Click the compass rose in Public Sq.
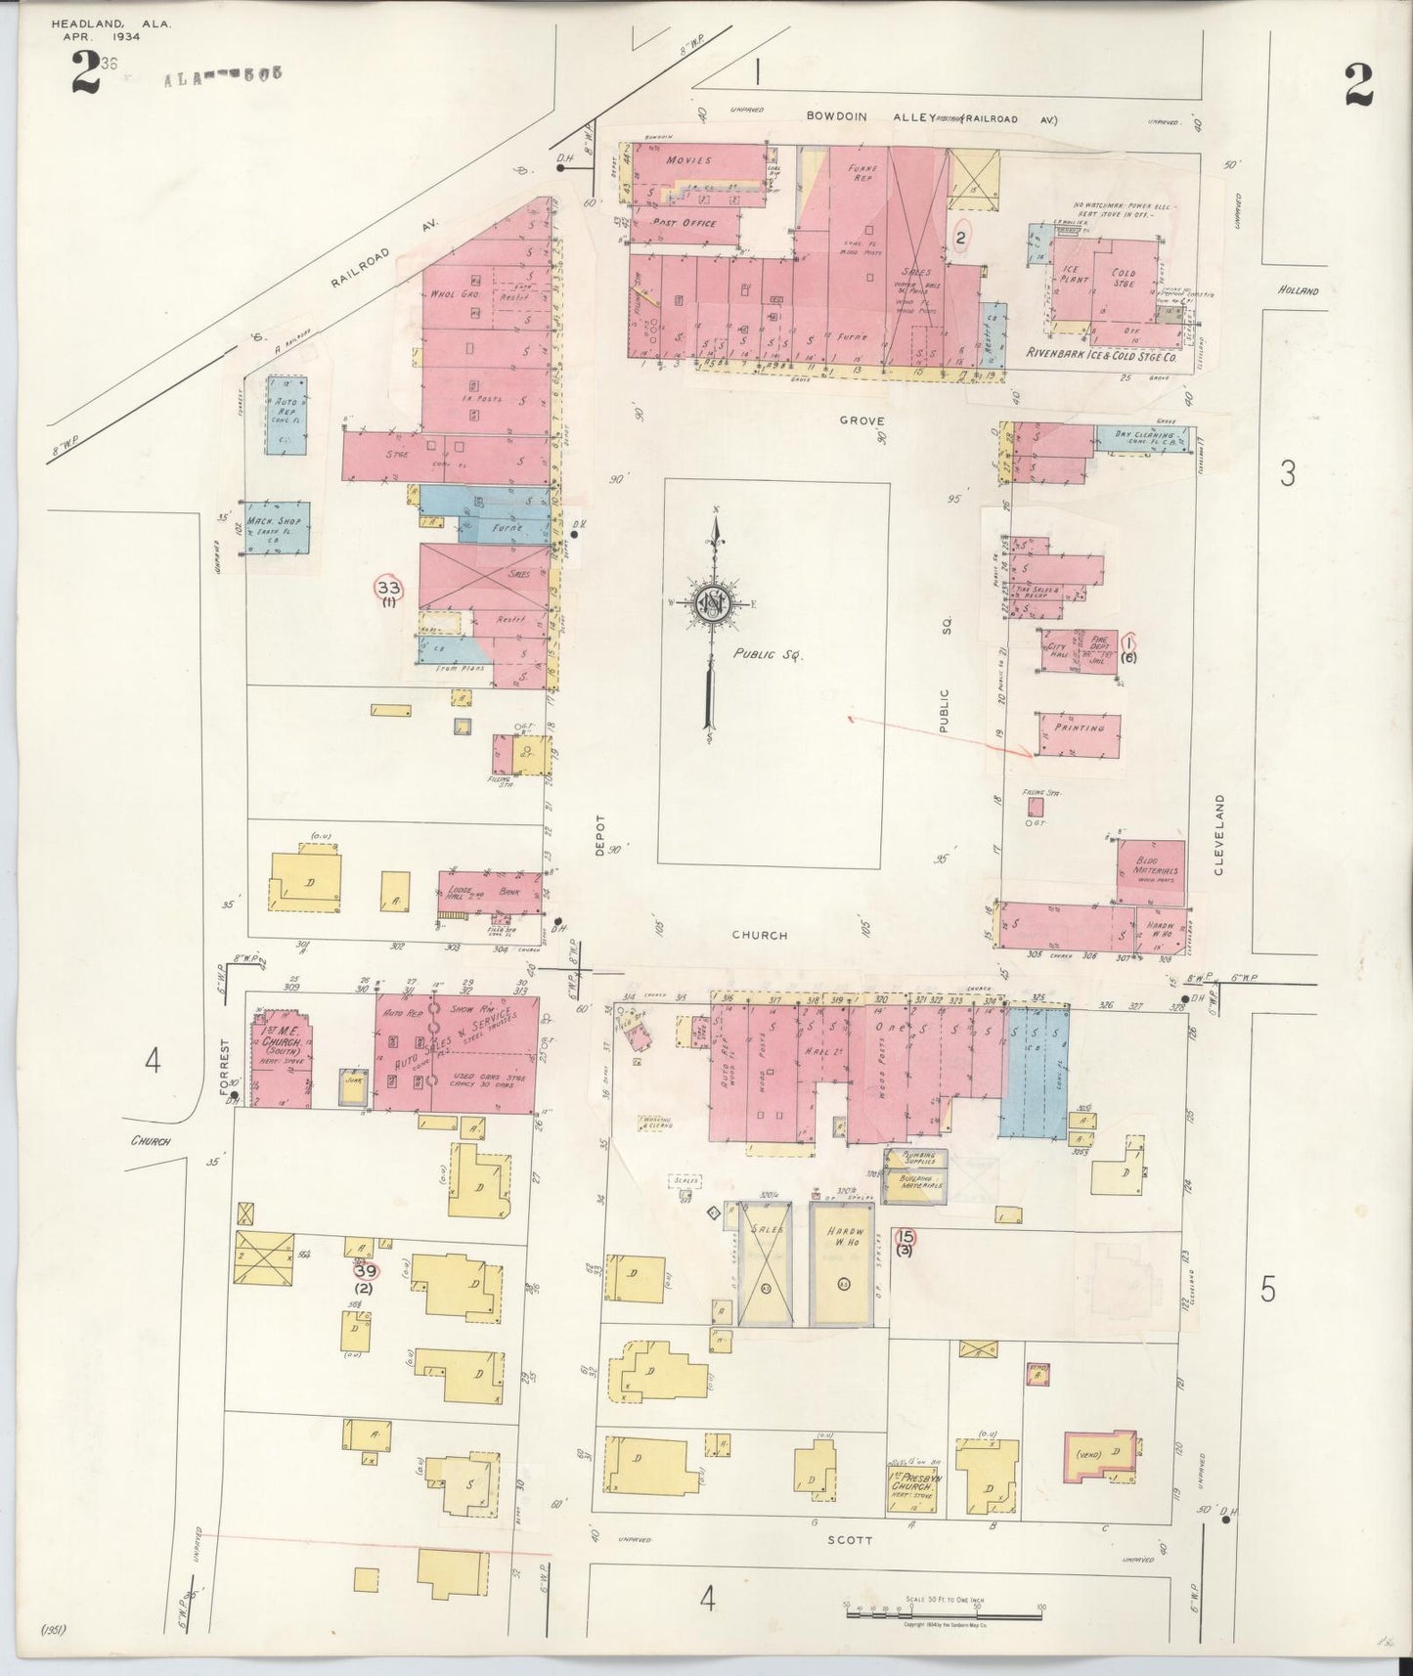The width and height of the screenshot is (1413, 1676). (712, 603)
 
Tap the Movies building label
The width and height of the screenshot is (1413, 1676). (688, 159)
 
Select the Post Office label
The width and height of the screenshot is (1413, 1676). (684, 223)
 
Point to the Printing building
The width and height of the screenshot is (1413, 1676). (1079, 734)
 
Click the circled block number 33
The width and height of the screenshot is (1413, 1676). (388, 588)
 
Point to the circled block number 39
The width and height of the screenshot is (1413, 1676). (365, 1271)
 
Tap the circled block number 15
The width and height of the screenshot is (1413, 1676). (905, 1236)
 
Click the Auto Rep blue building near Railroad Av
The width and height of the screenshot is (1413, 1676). (287, 414)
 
